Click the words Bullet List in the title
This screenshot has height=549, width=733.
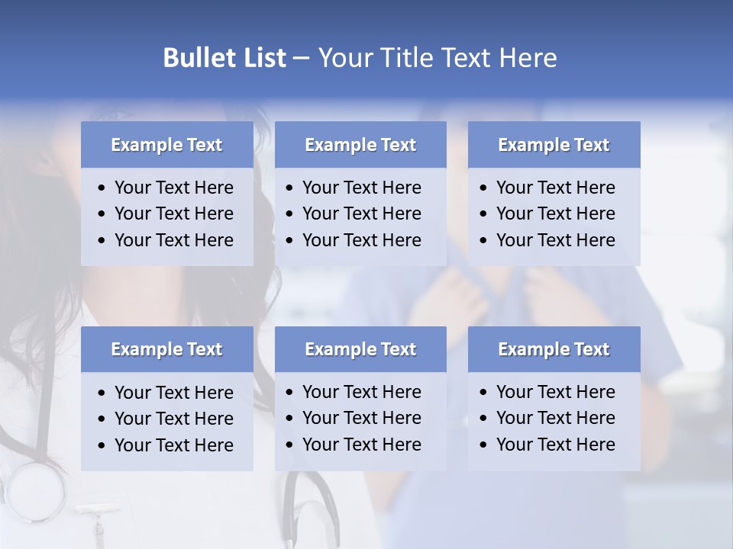click(224, 58)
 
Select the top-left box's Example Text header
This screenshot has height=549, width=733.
click(166, 145)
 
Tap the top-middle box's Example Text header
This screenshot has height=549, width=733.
click(360, 145)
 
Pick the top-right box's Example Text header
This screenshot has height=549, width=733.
click(554, 145)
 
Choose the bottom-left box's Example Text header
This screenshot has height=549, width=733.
click(166, 349)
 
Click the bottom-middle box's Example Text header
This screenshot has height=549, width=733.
click(360, 349)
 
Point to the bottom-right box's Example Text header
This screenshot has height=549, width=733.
click(554, 349)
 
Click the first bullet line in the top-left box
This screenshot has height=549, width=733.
click(173, 188)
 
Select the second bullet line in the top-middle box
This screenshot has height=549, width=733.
click(361, 213)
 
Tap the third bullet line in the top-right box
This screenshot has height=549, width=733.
click(555, 240)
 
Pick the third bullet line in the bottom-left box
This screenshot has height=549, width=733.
click(173, 445)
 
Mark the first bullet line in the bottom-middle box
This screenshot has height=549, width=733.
click(361, 392)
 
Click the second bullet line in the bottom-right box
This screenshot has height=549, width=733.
click(555, 418)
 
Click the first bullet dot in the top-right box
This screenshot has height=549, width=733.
click(483, 188)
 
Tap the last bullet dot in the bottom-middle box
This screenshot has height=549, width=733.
click(290, 445)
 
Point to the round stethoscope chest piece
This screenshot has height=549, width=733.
click(34, 492)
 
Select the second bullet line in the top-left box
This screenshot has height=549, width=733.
click(173, 213)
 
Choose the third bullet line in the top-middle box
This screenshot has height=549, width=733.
click(361, 240)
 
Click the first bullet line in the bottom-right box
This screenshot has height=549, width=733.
click(555, 392)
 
